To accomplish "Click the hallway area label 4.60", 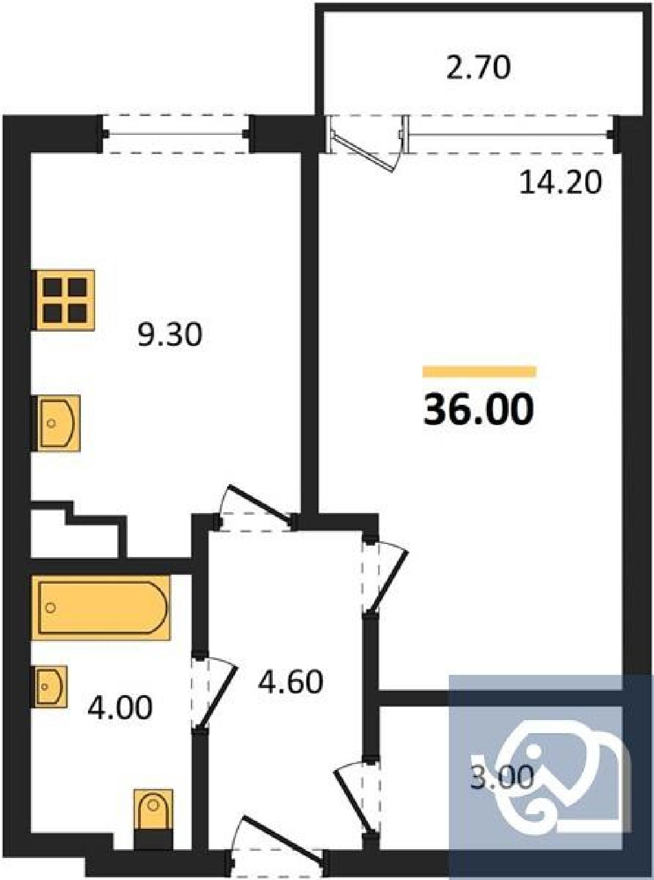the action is click(x=291, y=681).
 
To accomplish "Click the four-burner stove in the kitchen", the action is click(x=64, y=300).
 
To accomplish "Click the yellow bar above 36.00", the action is click(x=480, y=371).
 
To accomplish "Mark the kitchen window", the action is click(x=176, y=134).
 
